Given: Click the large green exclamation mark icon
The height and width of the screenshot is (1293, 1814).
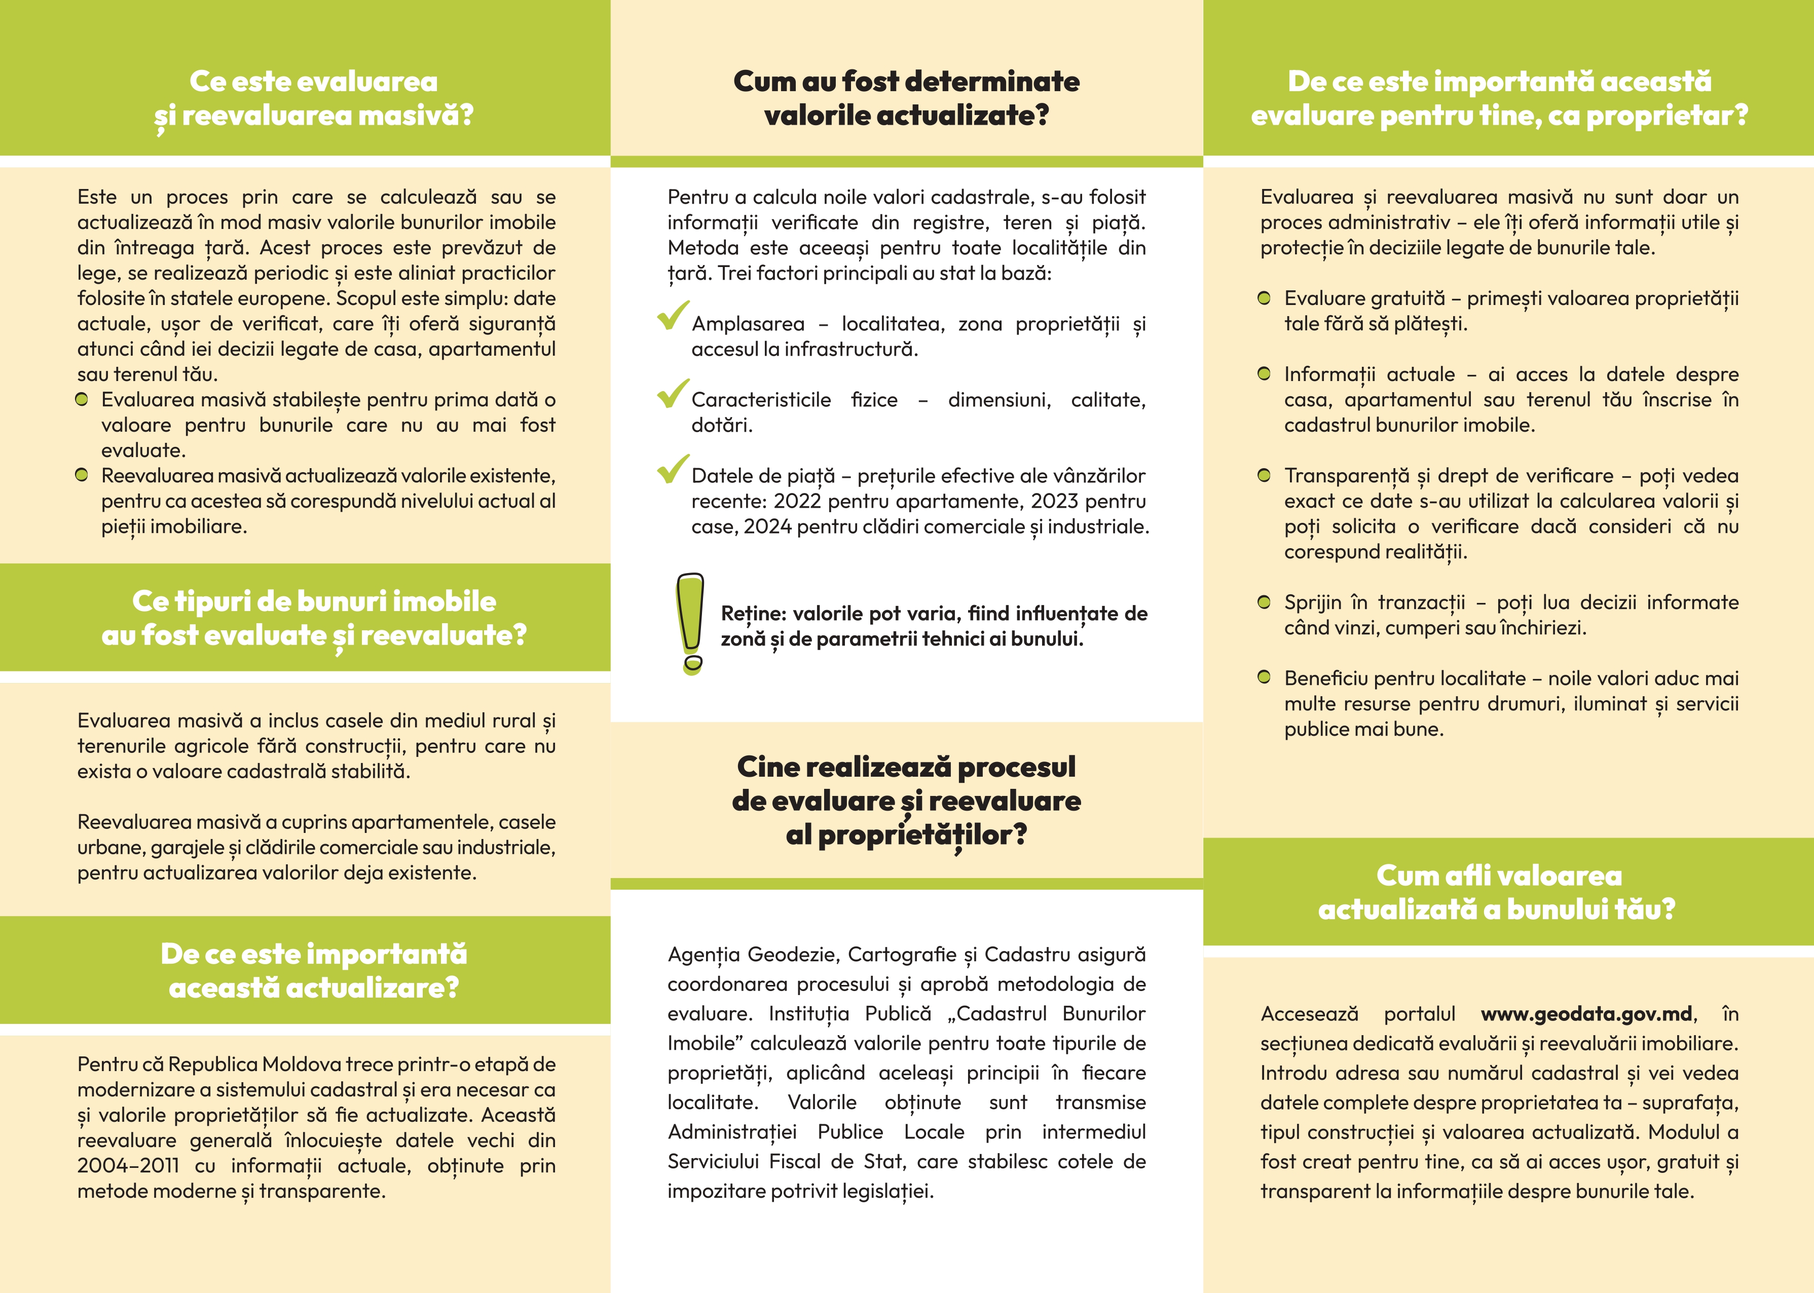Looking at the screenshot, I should (690, 623).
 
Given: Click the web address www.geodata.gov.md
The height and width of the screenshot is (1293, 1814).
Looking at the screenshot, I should (1586, 1013).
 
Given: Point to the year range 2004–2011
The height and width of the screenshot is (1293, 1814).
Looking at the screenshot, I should (128, 1166).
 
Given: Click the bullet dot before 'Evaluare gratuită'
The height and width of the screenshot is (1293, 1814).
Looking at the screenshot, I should (1264, 298).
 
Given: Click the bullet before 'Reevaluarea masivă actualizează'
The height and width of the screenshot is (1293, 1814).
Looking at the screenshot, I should (81, 475).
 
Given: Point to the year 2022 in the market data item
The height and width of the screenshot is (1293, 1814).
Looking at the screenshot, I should (797, 501).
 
